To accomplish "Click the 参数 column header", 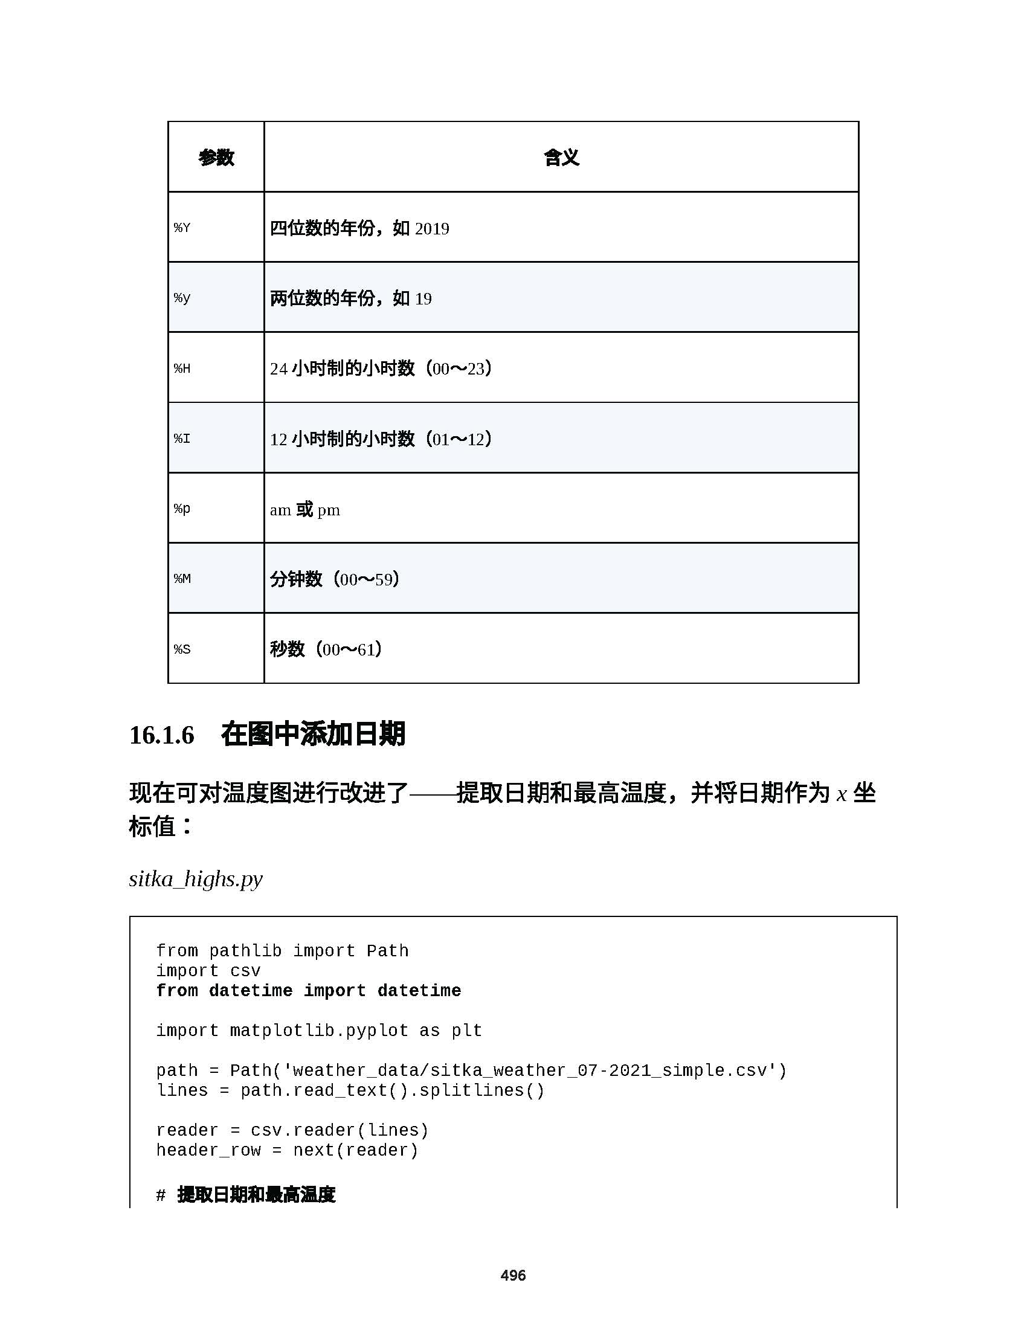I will [216, 158].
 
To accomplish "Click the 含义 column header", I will [561, 158].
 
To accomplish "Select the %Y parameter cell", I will [182, 228].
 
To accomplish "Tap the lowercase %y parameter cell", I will [182, 298].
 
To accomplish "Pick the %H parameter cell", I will [182, 368].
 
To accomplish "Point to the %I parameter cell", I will [182, 438].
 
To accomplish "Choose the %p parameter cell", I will [182, 509].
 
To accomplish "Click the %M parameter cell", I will [182, 579].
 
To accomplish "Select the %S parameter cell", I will [182, 649].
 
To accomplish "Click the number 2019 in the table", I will [432, 229].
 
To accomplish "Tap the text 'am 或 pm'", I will [305, 509].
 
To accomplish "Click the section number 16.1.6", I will [162, 735].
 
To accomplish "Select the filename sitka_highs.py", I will [196, 879].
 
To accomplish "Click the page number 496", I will [513, 1275].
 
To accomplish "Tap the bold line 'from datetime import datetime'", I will [309, 991].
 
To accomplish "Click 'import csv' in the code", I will [208, 971].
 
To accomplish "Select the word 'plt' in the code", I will [466, 1031].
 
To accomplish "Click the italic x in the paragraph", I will [842, 795].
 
